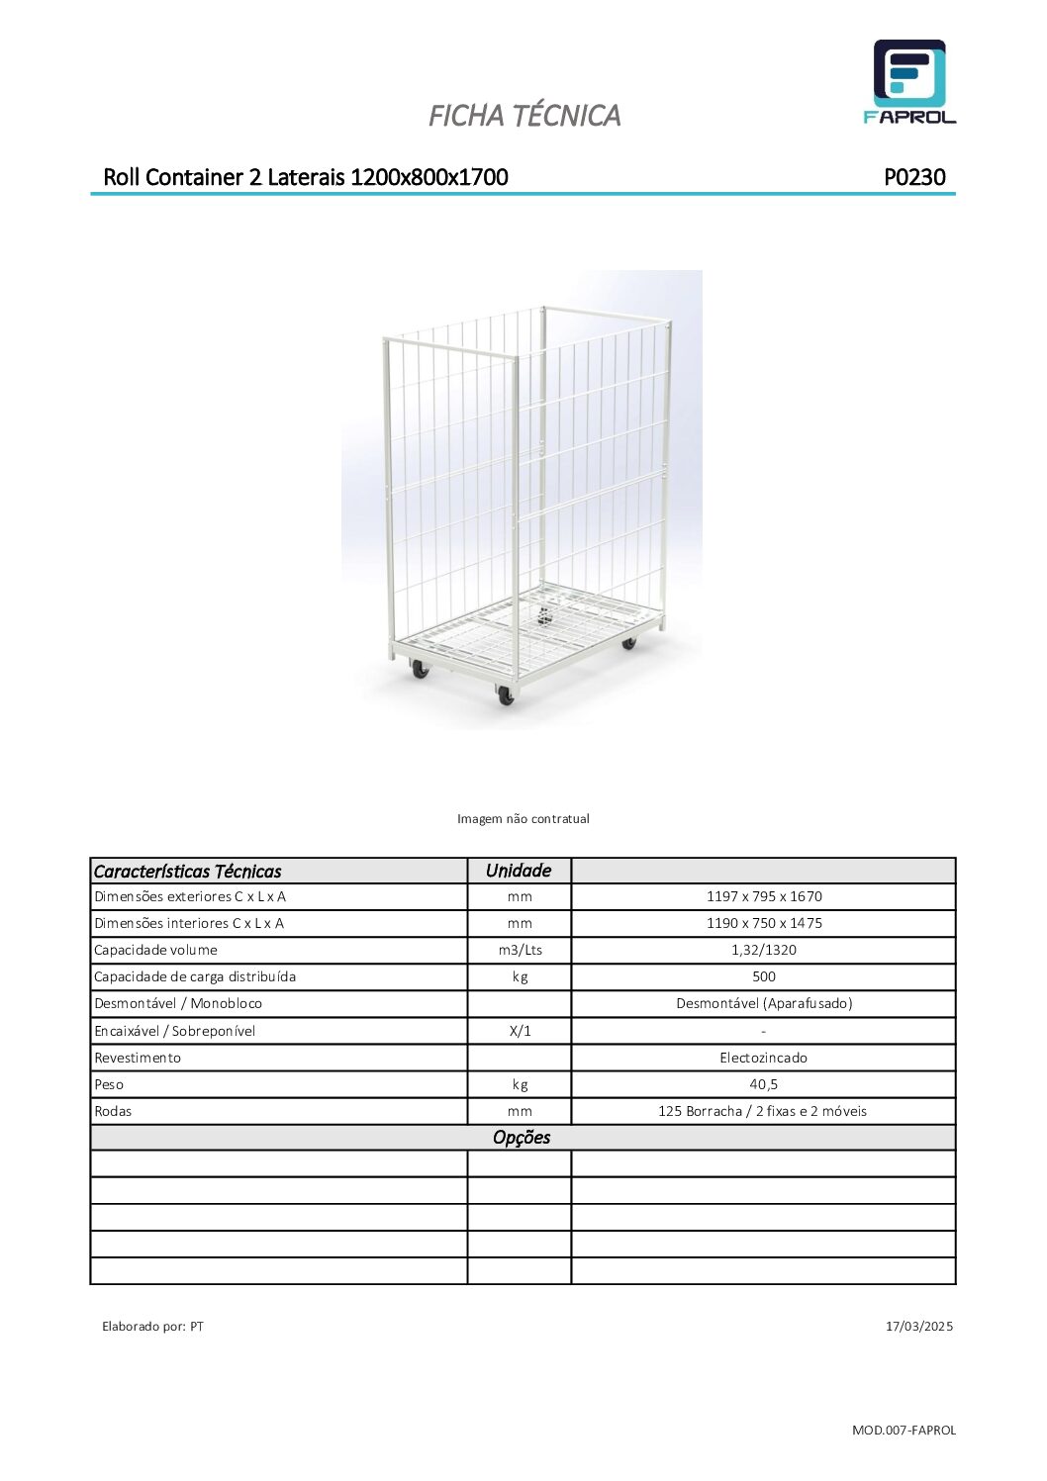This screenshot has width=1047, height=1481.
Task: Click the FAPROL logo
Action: click(909, 81)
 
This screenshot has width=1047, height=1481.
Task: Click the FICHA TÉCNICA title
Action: click(523, 116)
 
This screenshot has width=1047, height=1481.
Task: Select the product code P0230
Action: click(914, 177)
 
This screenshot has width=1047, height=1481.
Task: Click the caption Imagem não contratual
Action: click(523, 818)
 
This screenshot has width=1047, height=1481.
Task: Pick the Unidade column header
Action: click(519, 871)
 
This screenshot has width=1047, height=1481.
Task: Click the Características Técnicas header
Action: click(187, 872)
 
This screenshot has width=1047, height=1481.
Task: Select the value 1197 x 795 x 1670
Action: click(763, 896)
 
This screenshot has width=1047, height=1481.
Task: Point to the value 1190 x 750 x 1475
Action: click(763, 923)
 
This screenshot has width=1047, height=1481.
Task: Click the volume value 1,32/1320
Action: click(763, 950)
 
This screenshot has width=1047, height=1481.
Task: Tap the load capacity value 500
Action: click(763, 976)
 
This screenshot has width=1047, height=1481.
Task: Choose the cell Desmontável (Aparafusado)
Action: click(763, 1003)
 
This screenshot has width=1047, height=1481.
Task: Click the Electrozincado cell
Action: click(763, 1058)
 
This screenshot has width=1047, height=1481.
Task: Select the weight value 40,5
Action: click(763, 1084)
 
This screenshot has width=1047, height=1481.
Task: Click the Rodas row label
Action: click(113, 1111)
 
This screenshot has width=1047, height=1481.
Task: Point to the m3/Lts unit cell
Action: click(520, 950)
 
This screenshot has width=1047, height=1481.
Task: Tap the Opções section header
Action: click(522, 1138)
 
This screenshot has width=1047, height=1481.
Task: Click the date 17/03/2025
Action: click(918, 1326)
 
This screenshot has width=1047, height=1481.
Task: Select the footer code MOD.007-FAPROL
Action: click(904, 1430)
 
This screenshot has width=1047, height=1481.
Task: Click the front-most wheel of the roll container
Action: click(506, 696)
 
